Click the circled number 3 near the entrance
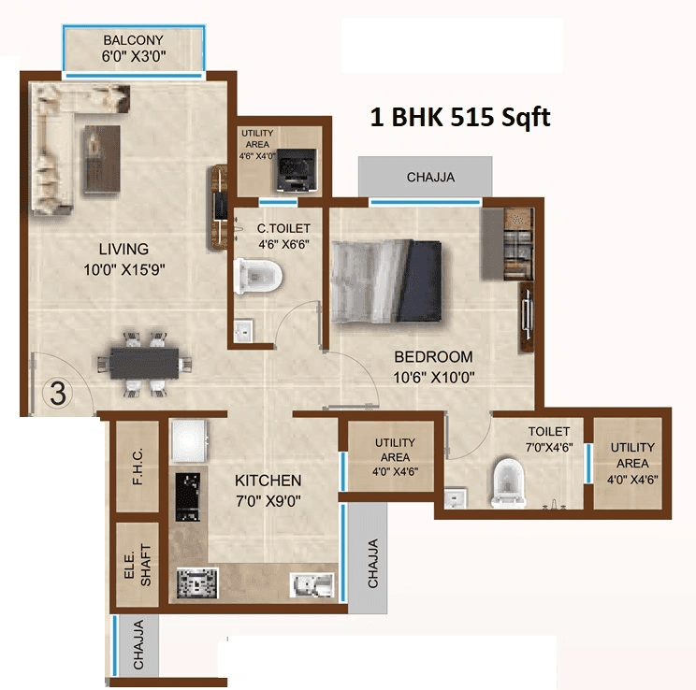[x=58, y=394]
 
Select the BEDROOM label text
[x=433, y=356]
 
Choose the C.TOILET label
[x=283, y=227]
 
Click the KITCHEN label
[x=268, y=481]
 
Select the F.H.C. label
[x=138, y=469]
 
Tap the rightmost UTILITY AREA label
[x=632, y=454]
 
